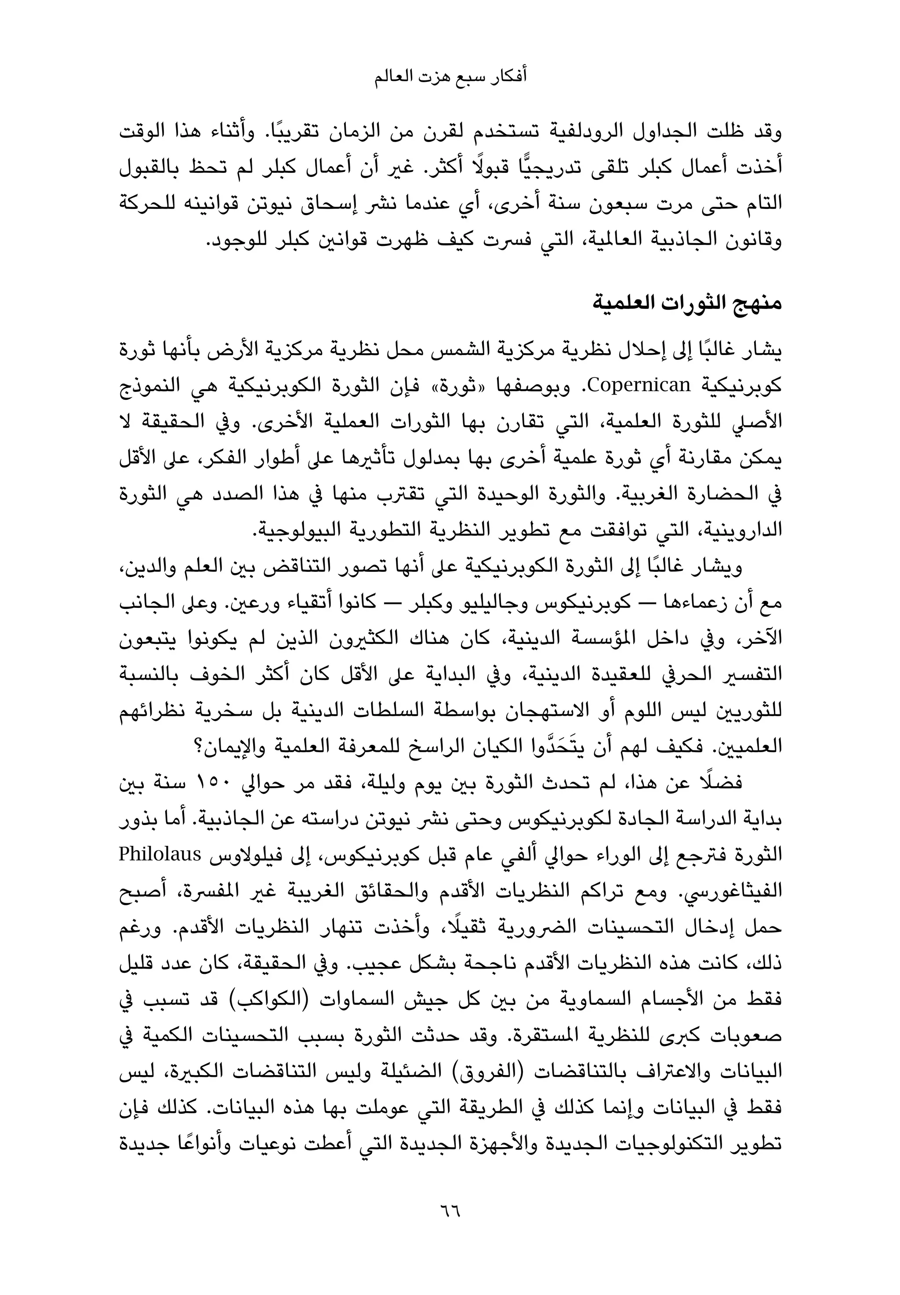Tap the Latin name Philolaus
[160, 855]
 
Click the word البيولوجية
[294, 530]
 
